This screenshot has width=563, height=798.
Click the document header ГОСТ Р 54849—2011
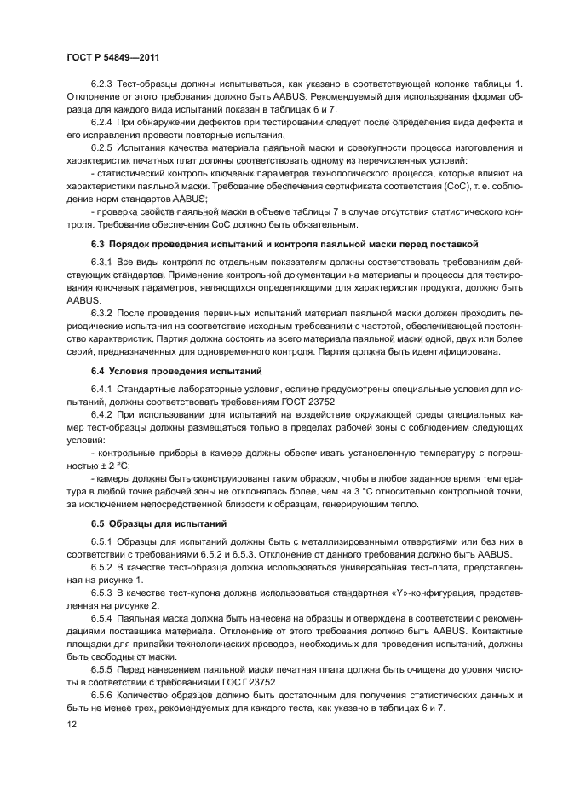coord(112,56)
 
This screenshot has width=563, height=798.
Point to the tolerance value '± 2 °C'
coord(115,466)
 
